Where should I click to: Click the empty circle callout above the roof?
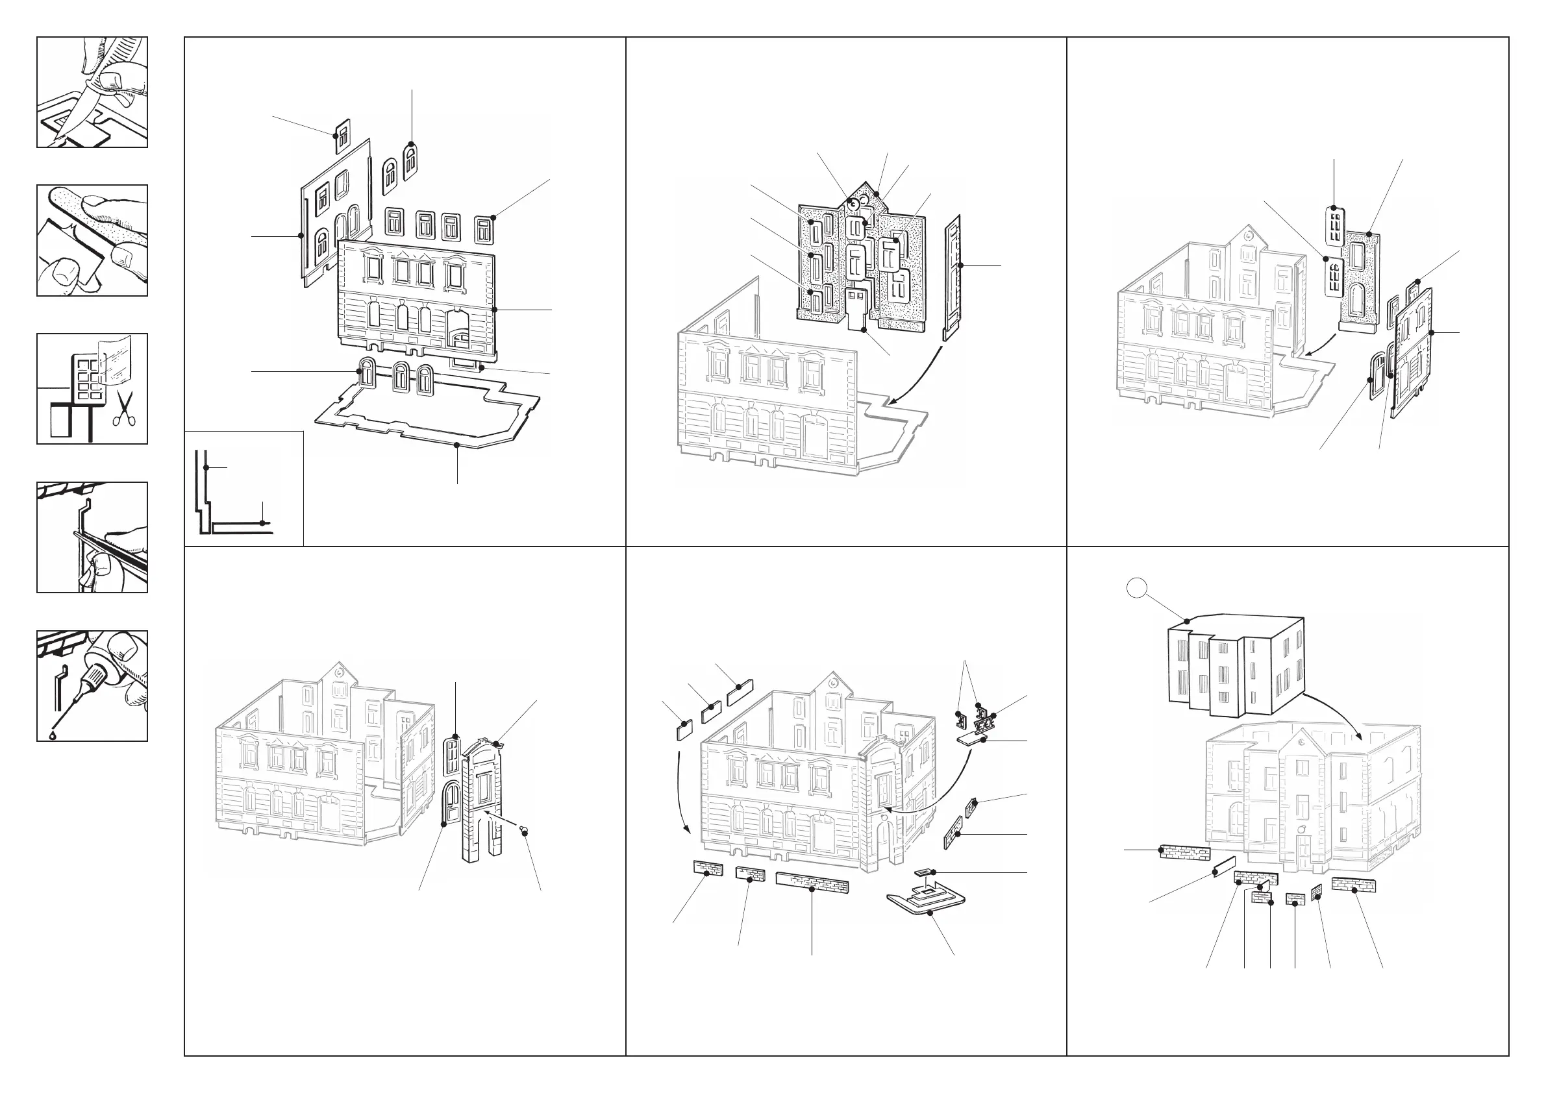(x=1136, y=588)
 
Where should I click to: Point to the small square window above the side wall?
(x=342, y=135)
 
